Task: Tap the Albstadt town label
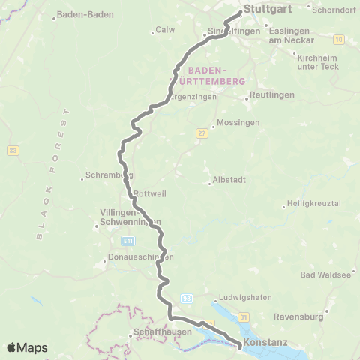coord(229,182)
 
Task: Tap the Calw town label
coord(163,31)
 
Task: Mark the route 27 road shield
coord(201,133)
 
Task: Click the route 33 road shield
coord(13,150)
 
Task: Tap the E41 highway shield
coord(129,240)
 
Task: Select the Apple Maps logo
coord(27,347)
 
